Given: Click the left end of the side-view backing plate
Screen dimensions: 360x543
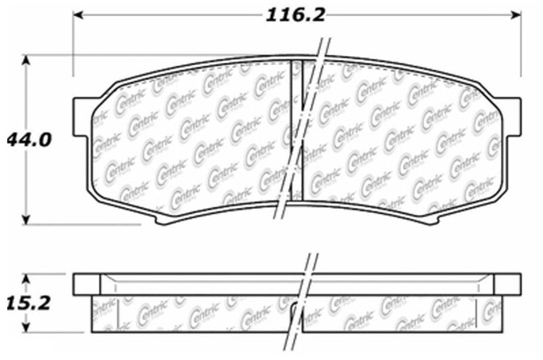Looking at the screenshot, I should (86, 284).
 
